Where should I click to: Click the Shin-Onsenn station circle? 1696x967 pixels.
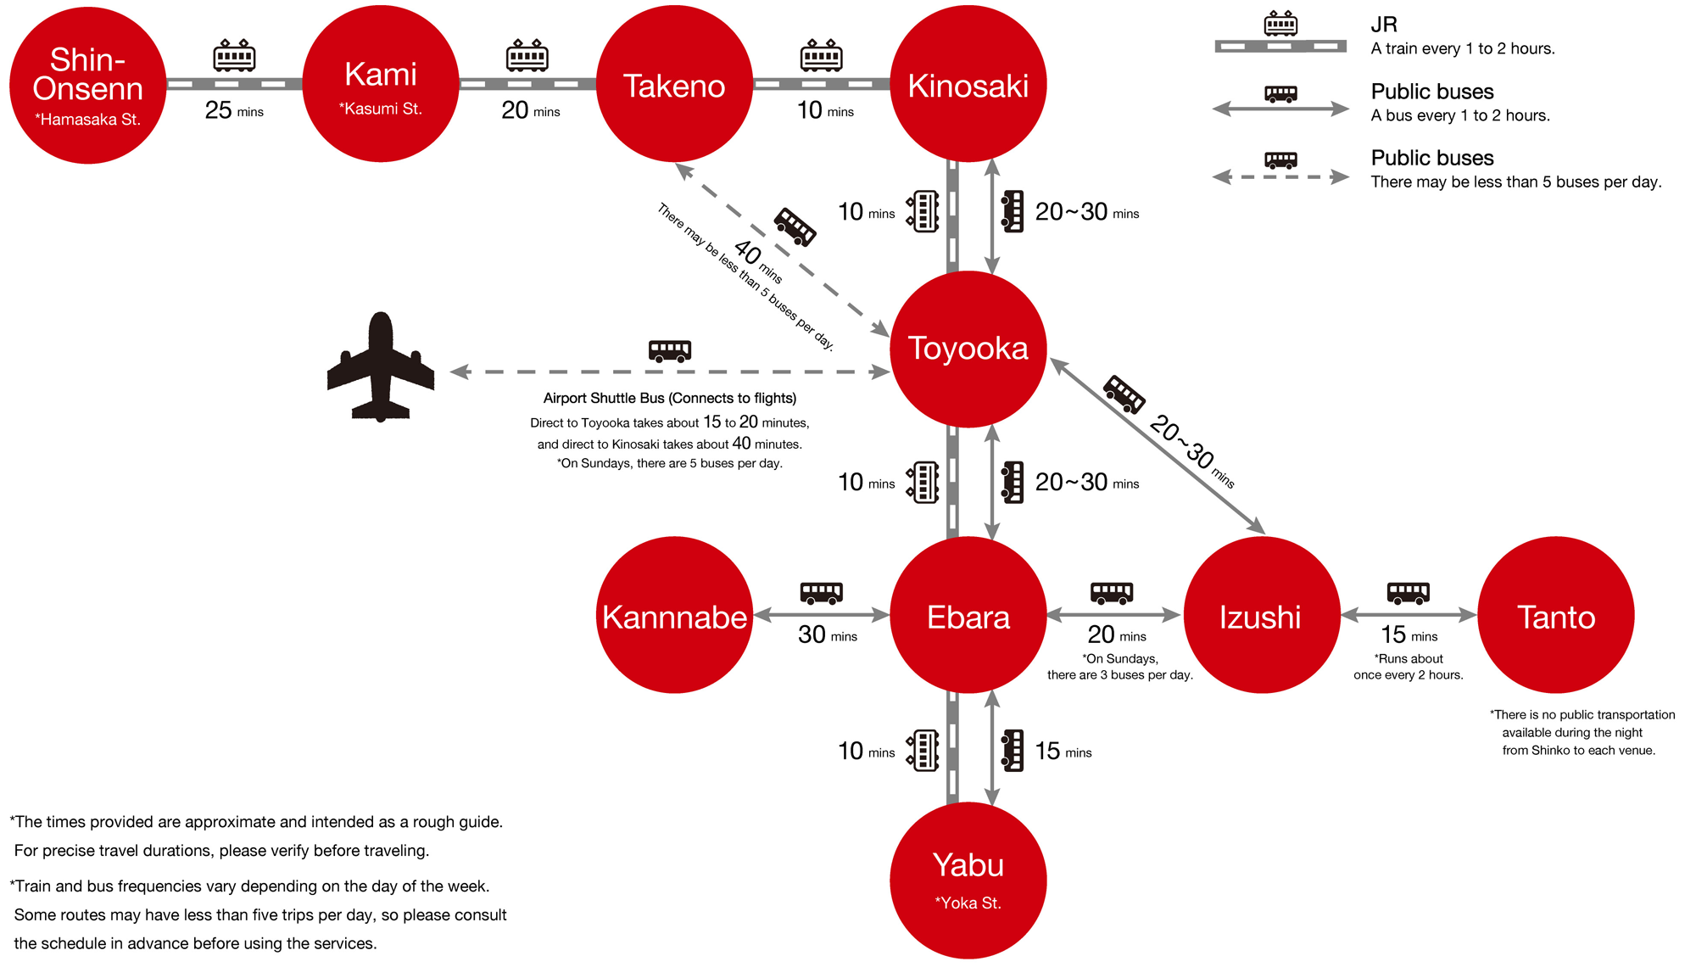pos(87,85)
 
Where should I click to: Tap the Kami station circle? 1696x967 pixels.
pos(381,84)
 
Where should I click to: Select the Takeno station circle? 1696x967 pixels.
pos(674,84)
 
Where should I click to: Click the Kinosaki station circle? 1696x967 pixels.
pos(968,84)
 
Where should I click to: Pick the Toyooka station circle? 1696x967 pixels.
pos(968,349)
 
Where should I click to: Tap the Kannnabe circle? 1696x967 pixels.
pos(674,615)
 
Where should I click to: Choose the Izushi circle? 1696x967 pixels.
pos(1261,615)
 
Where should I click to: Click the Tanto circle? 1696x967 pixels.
pos(1555,615)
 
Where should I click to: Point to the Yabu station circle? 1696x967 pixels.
pos(968,880)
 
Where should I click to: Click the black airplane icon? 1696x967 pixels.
pos(381,366)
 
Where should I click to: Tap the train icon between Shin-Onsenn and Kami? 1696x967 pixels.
pos(234,55)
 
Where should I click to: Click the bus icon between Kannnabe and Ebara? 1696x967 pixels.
pos(821,592)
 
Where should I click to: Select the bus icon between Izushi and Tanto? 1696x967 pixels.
pos(1408,592)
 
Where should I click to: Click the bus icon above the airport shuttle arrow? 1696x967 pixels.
pos(669,350)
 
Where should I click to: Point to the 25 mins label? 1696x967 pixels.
pos(234,110)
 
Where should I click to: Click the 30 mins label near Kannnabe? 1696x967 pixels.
pos(827,634)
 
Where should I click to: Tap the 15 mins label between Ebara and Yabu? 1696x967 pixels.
pos(1063,751)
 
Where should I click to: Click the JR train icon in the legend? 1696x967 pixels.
pos(1280,24)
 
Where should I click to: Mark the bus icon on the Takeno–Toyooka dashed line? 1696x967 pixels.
pos(795,226)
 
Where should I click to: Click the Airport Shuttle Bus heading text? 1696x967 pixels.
pos(669,398)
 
